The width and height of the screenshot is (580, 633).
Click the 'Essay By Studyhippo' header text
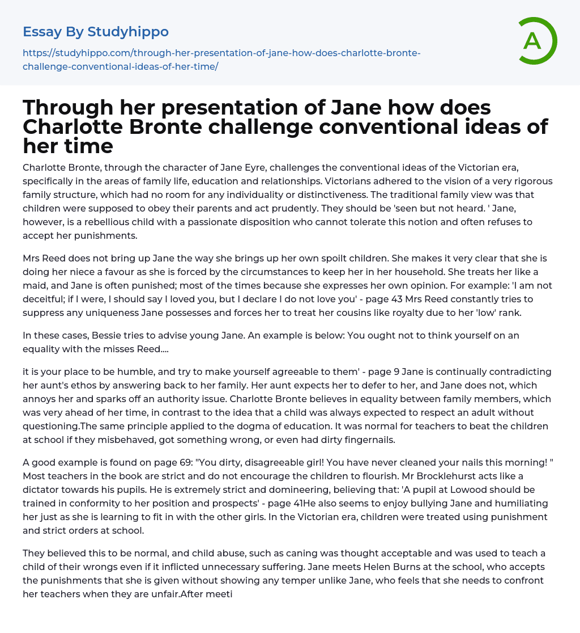(96, 32)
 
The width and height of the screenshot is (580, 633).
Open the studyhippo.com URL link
(221, 60)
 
